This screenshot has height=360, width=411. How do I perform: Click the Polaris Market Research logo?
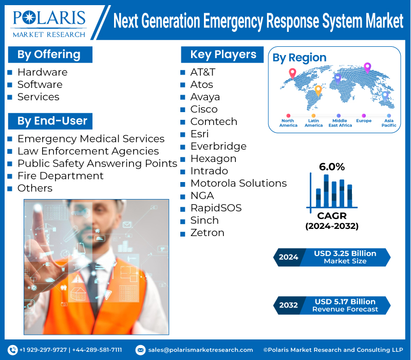(49, 22)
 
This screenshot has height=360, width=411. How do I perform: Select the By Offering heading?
(49, 55)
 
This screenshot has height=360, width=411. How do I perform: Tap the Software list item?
(40, 84)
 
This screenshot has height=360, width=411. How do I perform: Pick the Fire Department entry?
(60, 176)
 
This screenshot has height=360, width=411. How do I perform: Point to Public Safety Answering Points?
(97, 164)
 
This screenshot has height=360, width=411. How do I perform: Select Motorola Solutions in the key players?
(238, 183)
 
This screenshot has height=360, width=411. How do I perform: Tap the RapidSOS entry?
(216, 208)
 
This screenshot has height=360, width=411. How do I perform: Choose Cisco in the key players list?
(204, 109)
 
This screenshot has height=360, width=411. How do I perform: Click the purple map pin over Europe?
(367, 67)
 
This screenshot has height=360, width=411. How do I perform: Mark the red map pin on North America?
(292, 73)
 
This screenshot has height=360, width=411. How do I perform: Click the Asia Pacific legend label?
(389, 123)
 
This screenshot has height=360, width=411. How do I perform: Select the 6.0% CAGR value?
(332, 167)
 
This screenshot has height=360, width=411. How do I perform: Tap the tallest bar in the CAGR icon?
(326, 190)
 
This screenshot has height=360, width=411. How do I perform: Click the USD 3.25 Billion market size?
(345, 254)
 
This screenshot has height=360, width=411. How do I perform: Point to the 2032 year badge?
(288, 305)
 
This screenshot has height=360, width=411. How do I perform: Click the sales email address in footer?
(200, 350)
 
